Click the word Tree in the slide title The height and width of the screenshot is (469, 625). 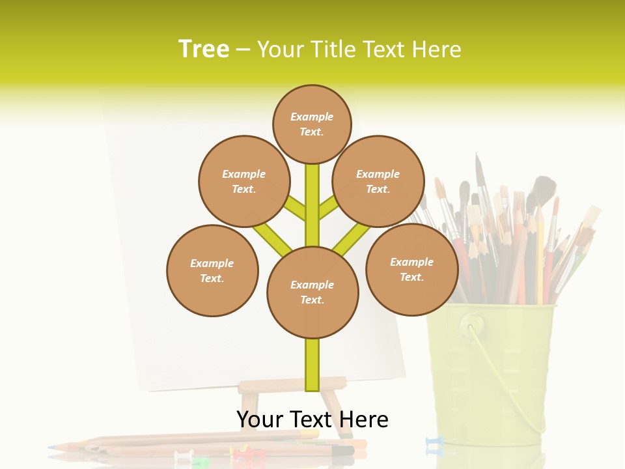(204, 49)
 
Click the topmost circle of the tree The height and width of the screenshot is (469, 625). (312, 124)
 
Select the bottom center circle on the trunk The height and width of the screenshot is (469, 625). (312, 292)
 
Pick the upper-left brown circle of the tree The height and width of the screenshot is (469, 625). (243, 181)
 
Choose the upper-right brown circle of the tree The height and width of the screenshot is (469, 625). (378, 181)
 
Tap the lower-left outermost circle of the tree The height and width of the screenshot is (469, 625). (212, 270)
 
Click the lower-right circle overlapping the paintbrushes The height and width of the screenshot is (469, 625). (411, 269)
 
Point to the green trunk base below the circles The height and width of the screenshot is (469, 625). (312, 365)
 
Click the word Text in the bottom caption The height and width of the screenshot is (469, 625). (312, 419)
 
